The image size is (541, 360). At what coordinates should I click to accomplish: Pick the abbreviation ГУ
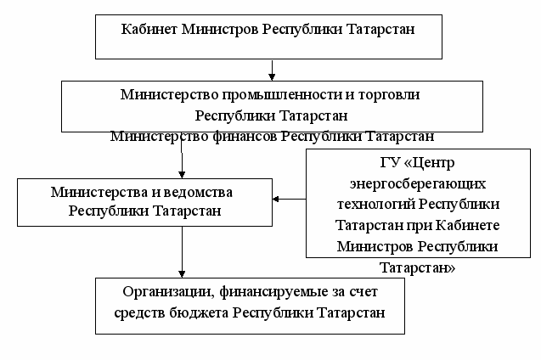tap(363, 161)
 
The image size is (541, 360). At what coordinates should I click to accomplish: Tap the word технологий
tap(366, 204)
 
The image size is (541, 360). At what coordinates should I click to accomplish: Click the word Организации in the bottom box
tap(164, 293)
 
